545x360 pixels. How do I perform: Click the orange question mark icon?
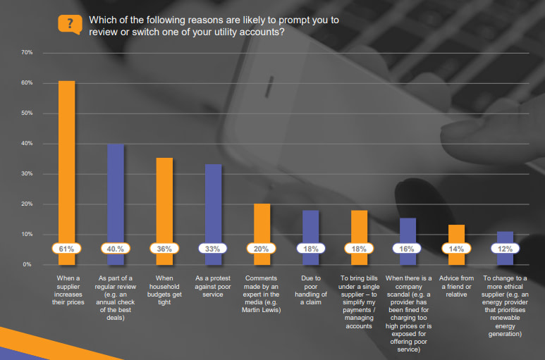(x=68, y=23)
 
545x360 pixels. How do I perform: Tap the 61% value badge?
(x=66, y=249)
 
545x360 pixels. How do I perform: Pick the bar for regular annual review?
(x=115, y=190)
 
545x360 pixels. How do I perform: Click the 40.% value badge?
(x=115, y=249)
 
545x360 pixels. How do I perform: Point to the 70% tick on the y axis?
(x=27, y=53)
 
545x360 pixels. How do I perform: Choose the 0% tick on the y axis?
(x=27, y=264)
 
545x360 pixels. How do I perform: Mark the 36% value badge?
(x=164, y=249)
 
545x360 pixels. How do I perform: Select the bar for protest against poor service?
(x=213, y=201)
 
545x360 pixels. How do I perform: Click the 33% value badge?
(x=213, y=249)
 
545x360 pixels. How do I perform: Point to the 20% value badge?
(x=262, y=249)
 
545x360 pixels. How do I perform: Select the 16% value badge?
(x=408, y=249)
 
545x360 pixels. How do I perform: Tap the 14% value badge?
(x=456, y=249)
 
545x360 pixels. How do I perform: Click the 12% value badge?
(x=505, y=249)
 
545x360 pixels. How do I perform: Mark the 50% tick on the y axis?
(x=27, y=113)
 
